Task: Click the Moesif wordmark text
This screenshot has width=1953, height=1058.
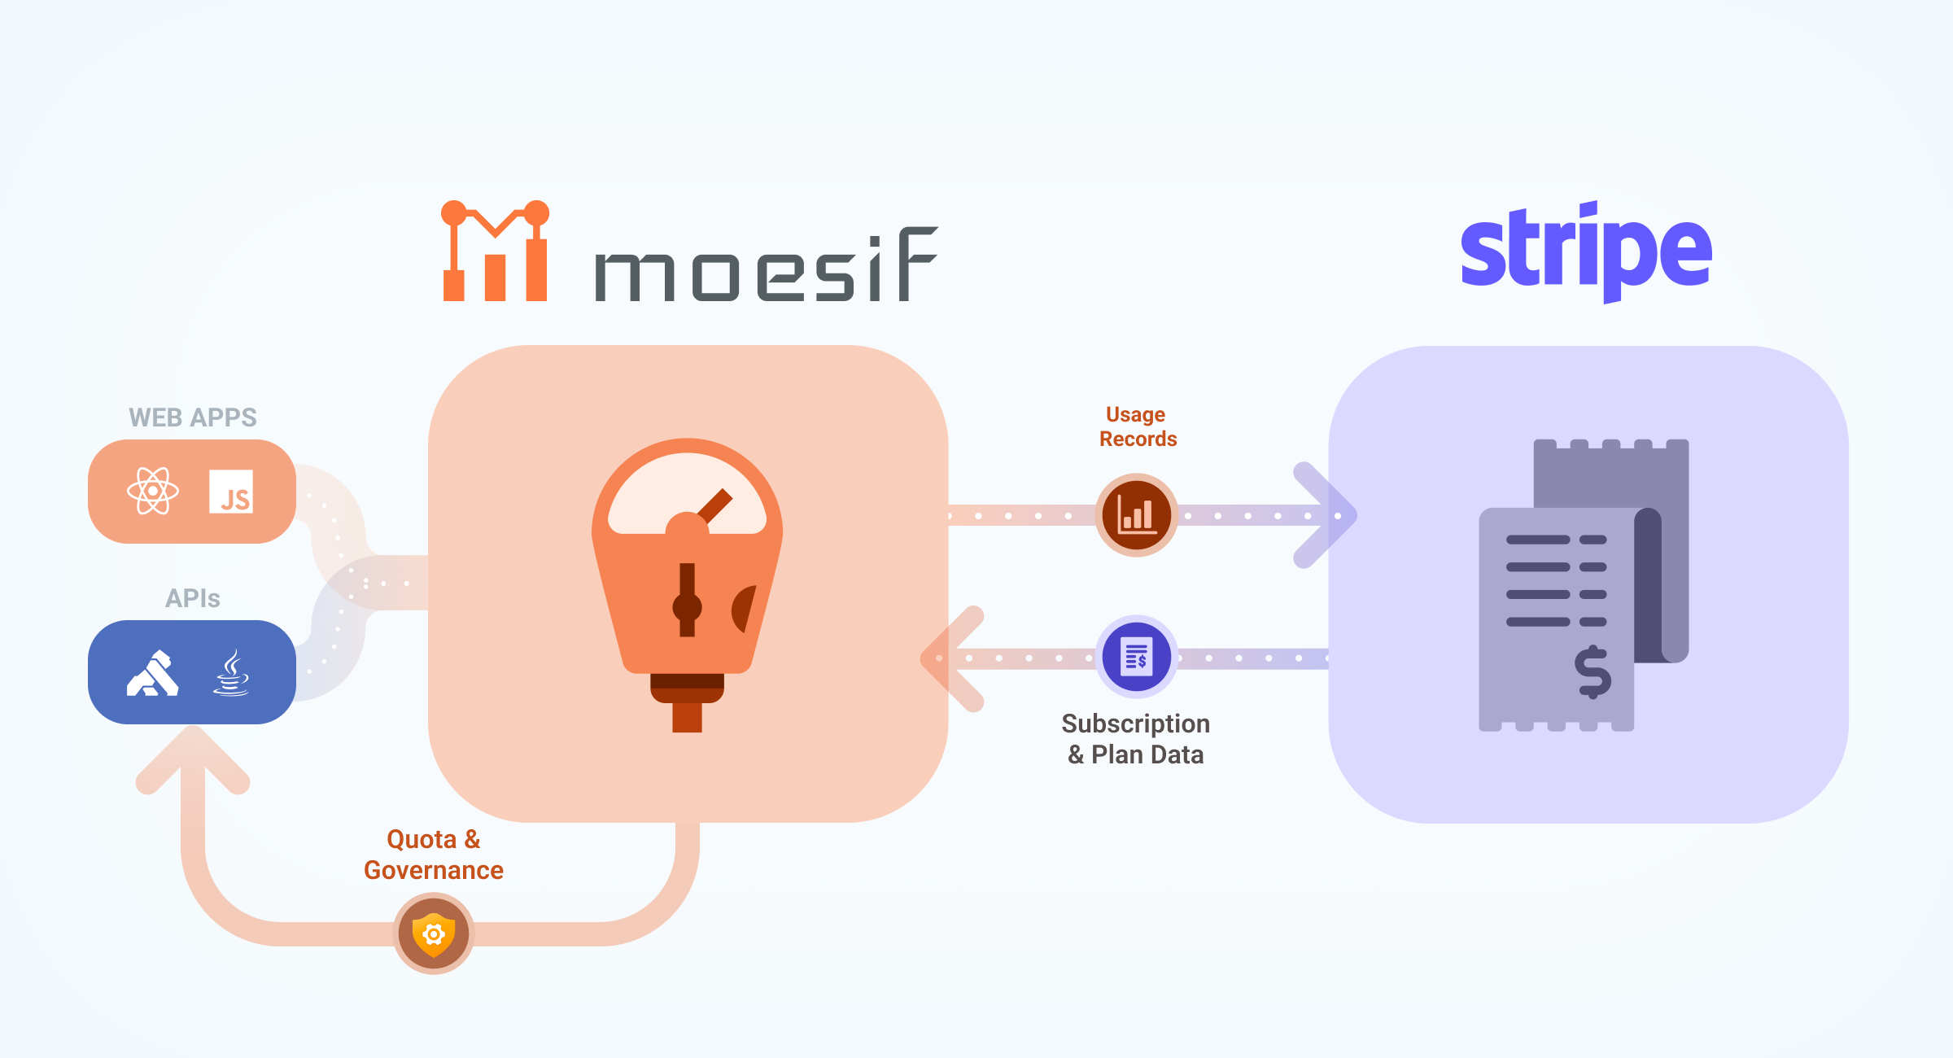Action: pyautogui.click(x=766, y=265)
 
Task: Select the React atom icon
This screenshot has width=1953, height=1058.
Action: pyautogui.click(x=152, y=491)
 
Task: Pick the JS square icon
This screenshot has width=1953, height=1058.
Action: pyautogui.click(x=231, y=492)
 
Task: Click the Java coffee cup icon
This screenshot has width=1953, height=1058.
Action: pyautogui.click(x=231, y=672)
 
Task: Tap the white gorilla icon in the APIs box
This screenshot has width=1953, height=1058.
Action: pyautogui.click(x=152, y=673)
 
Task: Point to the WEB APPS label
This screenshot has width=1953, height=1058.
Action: pyautogui.click(x=193, y=418)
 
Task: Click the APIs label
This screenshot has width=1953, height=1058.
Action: pyautogui.click(x=193, y=598)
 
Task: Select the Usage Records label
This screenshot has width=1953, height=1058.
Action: pyautogui.click(x=1137, y=426)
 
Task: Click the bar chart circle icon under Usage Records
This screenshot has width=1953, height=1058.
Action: pyautogui.click(x=1137, y=515)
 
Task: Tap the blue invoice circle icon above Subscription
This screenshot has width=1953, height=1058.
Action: pyautogui.click(x=1137, y=656)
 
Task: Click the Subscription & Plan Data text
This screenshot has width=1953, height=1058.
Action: pyautogui.click(x=1136, y=739)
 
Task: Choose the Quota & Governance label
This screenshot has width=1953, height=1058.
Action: pyautogui.click(x=434, y=855)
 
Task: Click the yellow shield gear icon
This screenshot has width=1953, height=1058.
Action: pyautogui.click(x=434, y=933)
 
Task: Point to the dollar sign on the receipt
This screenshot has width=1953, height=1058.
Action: pyautogui.click(x=1593, y=672)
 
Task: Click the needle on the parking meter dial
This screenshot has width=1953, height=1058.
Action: pyautogui.click(x=714, y=506)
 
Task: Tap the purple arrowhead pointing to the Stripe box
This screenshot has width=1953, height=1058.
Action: pyautogui.click(x=1326, y=515)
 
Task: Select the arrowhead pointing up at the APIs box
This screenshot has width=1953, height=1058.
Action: pyautogui.click(x=193, y=757)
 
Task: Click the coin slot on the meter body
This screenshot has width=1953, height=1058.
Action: pyautogui.click(x=687, y=600)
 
